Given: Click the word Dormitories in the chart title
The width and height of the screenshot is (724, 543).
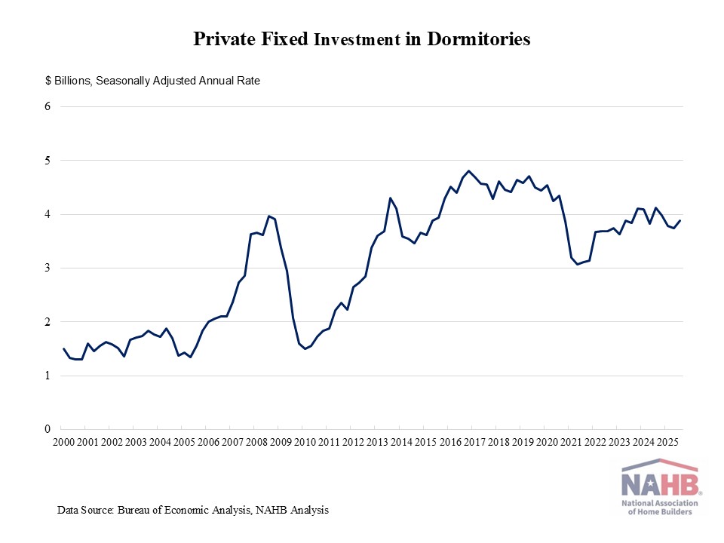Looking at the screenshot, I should [x=479, y=40].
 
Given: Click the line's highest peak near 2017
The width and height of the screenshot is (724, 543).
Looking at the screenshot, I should [x=468, y=171].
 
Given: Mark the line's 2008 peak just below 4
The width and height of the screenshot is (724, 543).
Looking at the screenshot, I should [x=268, y=216].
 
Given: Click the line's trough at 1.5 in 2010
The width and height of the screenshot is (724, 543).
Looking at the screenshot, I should [x=305, y=348].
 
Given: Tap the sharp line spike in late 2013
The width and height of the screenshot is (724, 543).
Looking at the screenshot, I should [x=390, y=198].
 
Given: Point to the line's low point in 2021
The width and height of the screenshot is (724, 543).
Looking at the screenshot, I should [x=578, y=264].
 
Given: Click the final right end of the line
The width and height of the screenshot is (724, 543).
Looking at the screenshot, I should [x=680, y=220].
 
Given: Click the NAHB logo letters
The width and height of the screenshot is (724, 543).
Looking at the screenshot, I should [x=661, y=481].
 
